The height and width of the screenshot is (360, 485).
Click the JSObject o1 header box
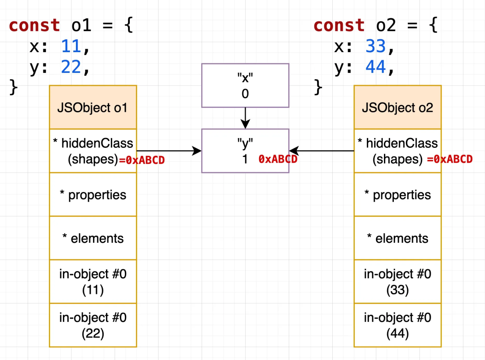[x=93, y=107]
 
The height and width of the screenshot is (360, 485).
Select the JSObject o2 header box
[x=397, y=107]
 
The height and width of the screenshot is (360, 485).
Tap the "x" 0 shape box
[x=245, y=85]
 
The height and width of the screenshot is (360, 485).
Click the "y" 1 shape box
[x=245, y=151]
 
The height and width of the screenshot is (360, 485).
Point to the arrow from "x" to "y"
[x=245, y=118]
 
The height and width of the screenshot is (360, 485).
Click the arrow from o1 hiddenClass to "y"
[x=168, y=151]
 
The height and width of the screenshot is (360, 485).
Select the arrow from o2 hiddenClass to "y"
[x=322, y=151]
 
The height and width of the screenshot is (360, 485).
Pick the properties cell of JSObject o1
[x=93, y=195]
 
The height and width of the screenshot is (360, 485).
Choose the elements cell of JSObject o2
[x=397, y=238]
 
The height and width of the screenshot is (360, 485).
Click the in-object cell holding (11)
[x=93, y=282]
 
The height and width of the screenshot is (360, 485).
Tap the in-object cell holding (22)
[x=93, y=325]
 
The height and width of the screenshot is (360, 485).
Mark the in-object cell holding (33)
[x=397, y=282]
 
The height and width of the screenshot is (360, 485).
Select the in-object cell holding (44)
[x=397, y=325]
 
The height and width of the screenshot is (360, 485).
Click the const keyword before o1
[x=34, y=25]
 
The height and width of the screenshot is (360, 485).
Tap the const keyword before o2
[x=339, y=25]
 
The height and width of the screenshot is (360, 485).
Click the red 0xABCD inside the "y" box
[x=278, y=159]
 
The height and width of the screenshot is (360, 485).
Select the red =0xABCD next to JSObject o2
[x=450, y=159]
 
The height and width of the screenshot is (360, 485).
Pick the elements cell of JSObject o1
[x=93, y=238]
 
